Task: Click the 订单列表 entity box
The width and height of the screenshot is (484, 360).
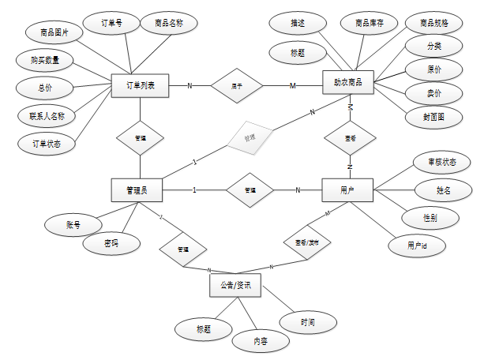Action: coord(140,84)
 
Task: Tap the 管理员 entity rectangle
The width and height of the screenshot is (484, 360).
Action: coord(138,189)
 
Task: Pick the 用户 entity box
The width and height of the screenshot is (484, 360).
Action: coord(347,189)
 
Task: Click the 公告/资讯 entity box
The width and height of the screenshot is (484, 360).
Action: coord(235,285)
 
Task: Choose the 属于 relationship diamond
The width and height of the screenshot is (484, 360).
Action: coord(237,84)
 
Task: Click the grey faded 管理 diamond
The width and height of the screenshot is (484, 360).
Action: coord(250,137)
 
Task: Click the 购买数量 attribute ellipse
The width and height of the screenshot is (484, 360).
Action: coord(44,60)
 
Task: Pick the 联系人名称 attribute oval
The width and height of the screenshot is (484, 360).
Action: coord(47,115)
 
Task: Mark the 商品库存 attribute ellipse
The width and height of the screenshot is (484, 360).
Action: coord(370,24)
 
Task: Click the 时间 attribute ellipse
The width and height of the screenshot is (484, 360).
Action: coord(308,322)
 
